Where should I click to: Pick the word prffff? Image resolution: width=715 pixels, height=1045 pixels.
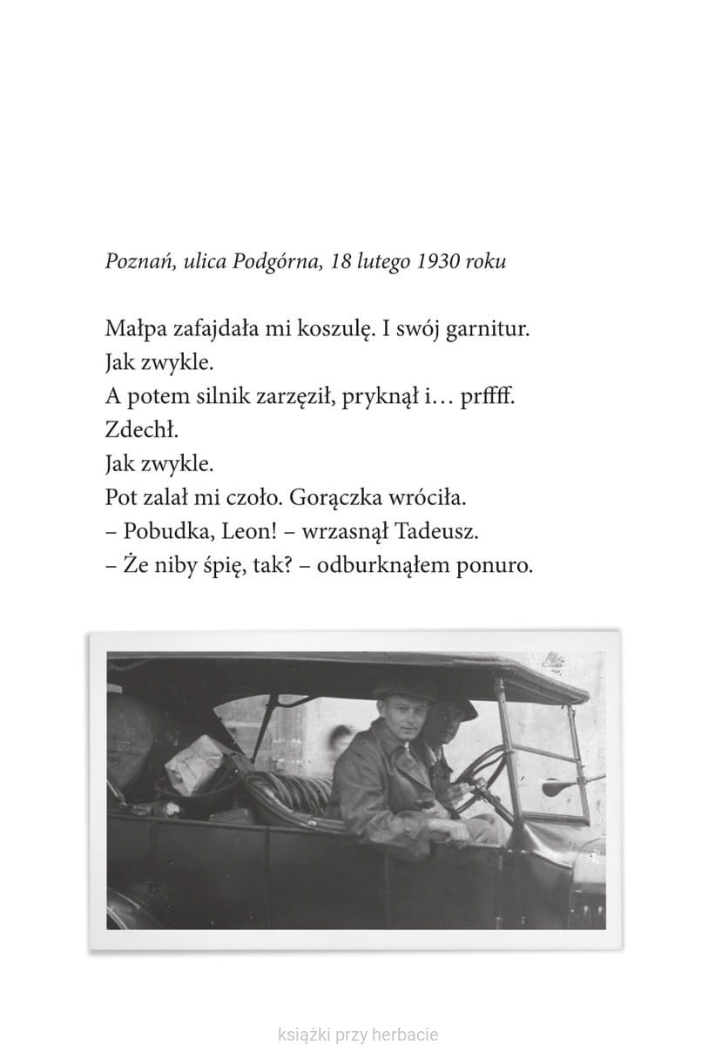coord(487,398)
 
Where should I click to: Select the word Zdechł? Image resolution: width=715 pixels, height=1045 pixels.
coord(132,431)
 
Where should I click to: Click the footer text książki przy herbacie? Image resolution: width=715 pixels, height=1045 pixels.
coord(357,1035)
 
